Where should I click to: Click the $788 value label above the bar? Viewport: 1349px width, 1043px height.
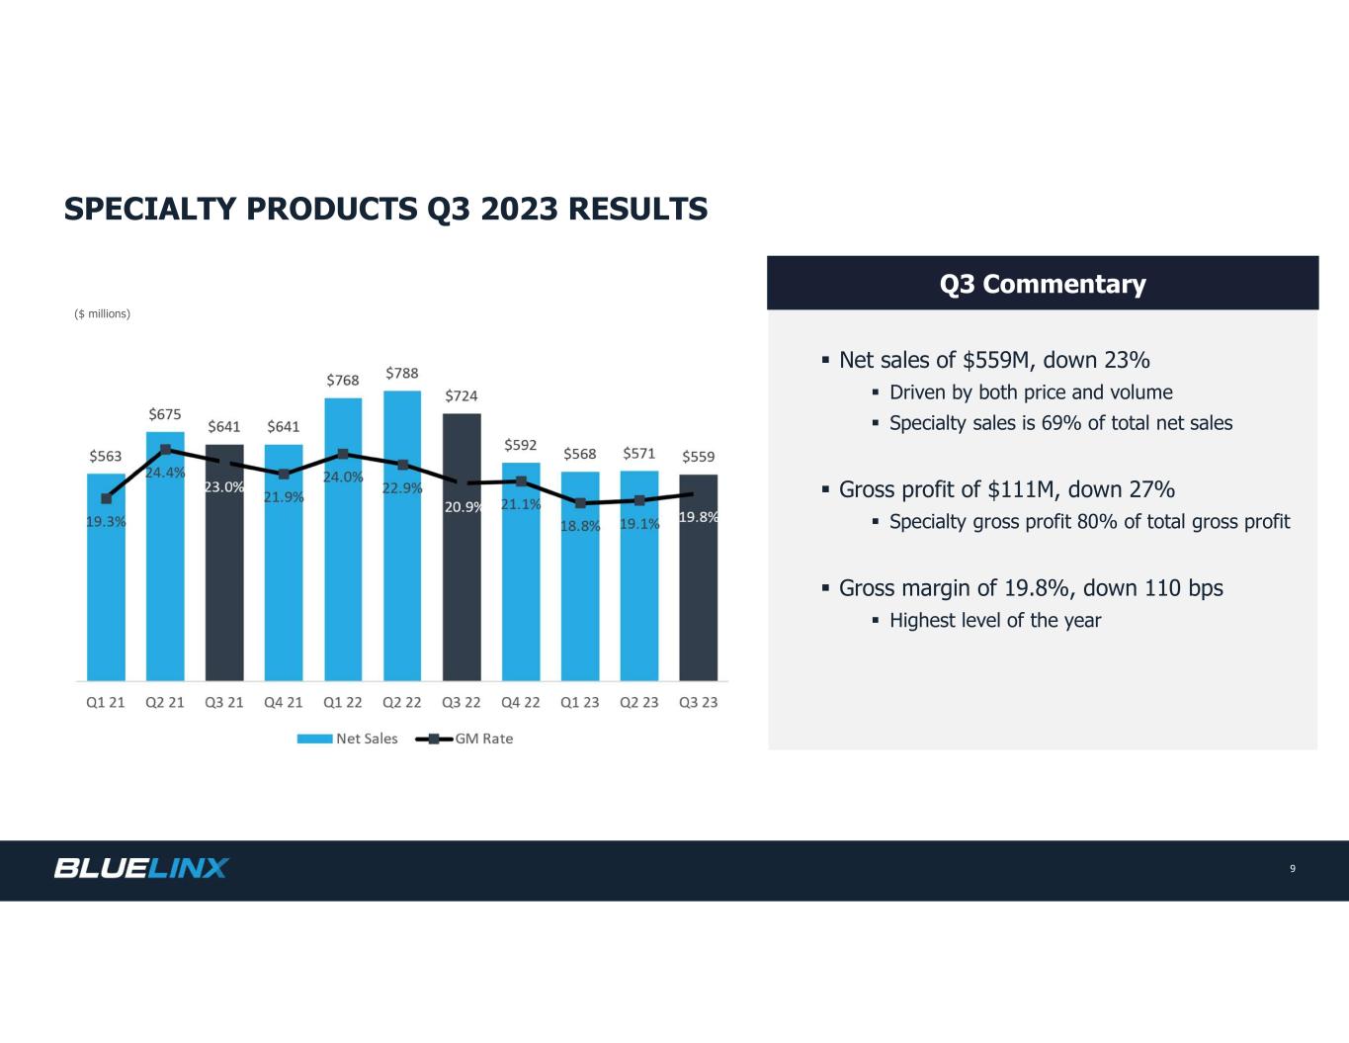402,373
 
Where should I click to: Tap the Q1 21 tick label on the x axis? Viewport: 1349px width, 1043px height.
106,703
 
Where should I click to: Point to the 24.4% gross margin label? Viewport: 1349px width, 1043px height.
165,473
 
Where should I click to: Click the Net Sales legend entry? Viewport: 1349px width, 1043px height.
348,739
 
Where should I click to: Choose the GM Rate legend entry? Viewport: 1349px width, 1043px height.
464,739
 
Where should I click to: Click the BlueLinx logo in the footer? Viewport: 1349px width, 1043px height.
141,868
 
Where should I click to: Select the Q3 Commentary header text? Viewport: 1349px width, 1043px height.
1043,284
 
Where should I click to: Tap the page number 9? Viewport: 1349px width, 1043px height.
1293,869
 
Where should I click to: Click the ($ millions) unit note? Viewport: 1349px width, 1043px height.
103,314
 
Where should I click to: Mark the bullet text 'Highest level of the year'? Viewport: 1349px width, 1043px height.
994,621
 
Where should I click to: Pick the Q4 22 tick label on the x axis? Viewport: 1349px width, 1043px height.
521,703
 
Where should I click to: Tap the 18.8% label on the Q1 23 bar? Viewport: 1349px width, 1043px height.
580,526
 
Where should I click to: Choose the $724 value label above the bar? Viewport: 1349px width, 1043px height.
462,395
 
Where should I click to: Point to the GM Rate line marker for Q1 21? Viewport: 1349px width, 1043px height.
106,498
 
